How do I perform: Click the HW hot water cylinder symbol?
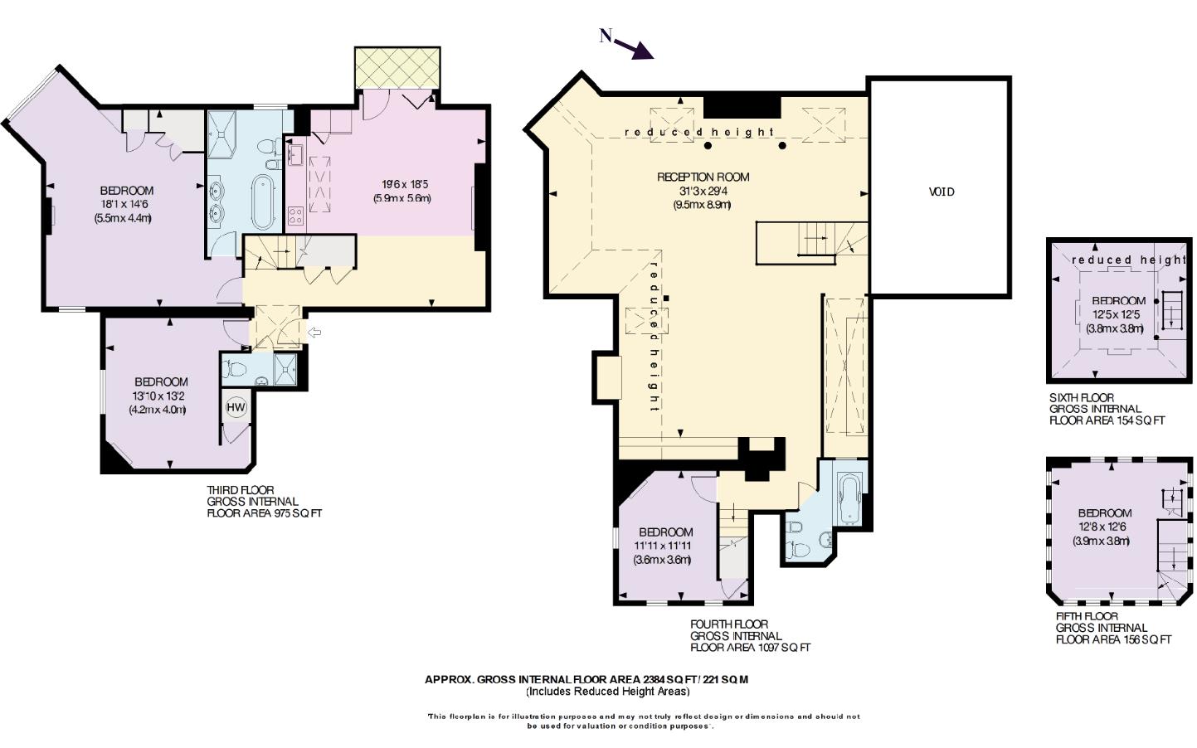[x=236, y=407]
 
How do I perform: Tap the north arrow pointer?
[x=634, y=49]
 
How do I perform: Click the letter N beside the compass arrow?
[x=605, y=36]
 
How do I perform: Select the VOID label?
[x=941, y=192]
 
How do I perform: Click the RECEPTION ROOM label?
[x=703, y=177]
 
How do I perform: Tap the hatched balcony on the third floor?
[x=397, y=68]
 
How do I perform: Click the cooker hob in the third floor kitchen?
[x=295, y=216]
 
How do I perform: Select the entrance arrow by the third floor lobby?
[x=314, y=333]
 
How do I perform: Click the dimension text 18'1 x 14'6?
[x=124, y=204]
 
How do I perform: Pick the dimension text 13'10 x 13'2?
[x=158, y=396]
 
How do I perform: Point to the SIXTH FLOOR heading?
[x=1082, y=397]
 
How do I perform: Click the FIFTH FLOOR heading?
[x=1087, y=616]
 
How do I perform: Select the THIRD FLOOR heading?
[x=240, y=490]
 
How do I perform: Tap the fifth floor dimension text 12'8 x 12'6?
[x=1102, y=527]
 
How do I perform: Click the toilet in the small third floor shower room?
[x=234, y=369]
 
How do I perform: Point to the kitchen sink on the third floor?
[x=294, y=155]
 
